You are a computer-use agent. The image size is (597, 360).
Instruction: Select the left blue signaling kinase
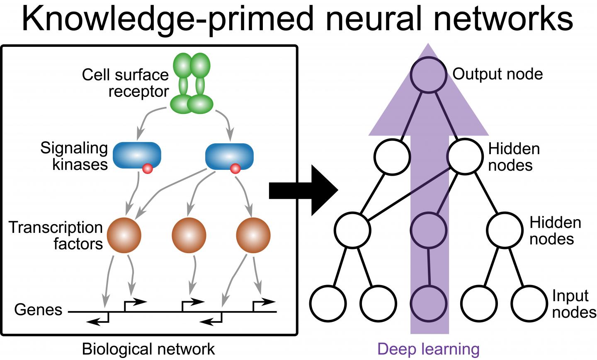pos(136,155)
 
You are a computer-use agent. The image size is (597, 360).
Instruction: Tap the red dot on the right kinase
pos(235,169)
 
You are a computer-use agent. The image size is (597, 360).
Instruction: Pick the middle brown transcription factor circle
pos(189,235)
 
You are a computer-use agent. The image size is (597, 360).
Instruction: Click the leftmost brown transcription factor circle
pos(124,235)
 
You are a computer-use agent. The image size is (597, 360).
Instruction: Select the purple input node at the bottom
pos(430,303)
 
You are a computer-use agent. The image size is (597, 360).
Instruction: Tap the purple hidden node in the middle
pos(429,230)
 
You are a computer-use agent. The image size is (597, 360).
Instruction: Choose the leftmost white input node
pos(328,303)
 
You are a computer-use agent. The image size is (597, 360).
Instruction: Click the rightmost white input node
pos(529,303)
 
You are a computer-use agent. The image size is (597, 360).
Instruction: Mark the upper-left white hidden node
pos(392,157)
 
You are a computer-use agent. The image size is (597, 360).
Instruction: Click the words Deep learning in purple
pos(428,349)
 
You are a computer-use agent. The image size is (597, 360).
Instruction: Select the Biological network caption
pos(148,349)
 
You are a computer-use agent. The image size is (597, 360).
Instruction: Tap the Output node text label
pos(498,74)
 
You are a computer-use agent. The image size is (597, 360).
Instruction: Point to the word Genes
pos(38,309)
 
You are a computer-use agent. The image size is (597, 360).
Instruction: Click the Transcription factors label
pos(56,235)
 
